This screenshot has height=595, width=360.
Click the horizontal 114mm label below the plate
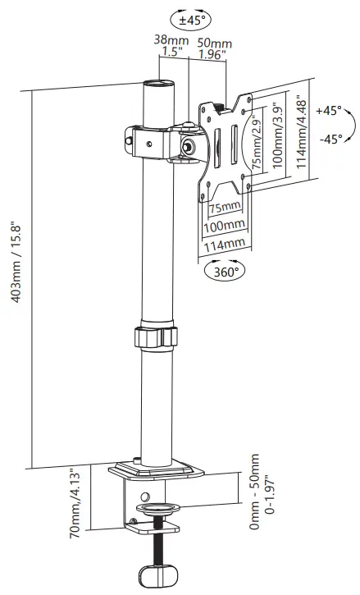tap(223, 243)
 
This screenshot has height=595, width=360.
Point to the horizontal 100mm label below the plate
tap(223, 224)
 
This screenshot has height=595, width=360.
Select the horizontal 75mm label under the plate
tap(225, 205)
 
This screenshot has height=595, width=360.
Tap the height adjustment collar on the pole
tap(154, 337)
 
